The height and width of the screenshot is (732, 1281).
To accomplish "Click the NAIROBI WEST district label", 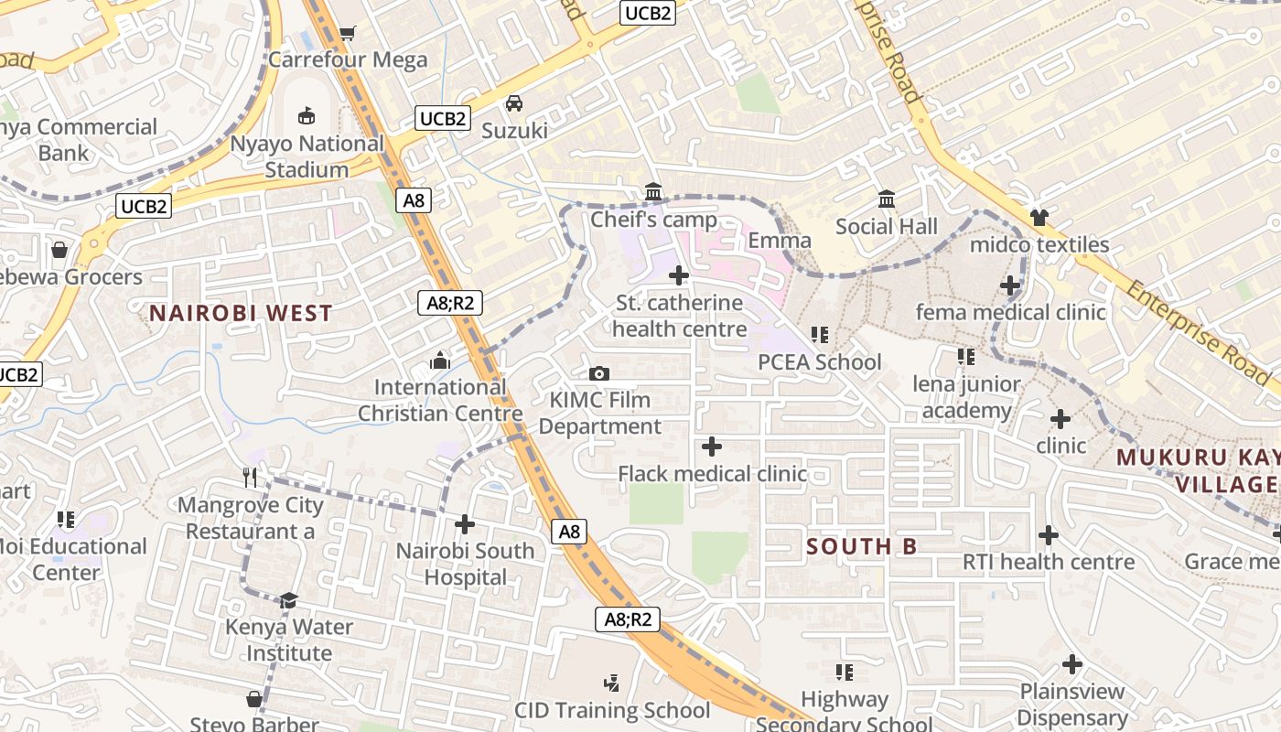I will tap(241, 313).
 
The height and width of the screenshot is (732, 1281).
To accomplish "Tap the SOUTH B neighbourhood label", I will tap(861, 546).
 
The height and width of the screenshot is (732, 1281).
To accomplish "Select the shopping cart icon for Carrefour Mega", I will tap(347, 34).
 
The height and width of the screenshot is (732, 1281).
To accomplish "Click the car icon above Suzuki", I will tap(514, 103).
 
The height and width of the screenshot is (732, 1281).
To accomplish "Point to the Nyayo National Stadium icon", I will tap(307, 116).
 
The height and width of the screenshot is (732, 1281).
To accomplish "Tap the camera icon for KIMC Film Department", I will tap(599, 373).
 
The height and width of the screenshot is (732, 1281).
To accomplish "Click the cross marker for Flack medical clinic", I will tap(712, 447).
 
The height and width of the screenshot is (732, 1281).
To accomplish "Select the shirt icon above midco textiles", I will tap(1039, 217).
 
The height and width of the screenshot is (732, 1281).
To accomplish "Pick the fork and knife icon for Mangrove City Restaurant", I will tap(250, 477).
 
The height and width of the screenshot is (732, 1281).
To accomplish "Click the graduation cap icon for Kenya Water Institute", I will tap(289, 599).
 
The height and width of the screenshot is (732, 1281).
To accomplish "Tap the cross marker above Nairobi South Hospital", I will tap(465, 524).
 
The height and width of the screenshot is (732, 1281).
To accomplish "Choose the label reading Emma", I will tap(780, 241).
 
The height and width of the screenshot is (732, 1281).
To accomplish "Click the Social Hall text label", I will tap(886, 226).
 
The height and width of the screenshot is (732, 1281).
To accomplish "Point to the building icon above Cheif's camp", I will tap(653, 192).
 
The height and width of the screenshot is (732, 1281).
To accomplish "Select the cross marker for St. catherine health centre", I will tap(679, 274).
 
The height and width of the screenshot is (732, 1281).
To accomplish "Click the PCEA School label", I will tap(820, 362).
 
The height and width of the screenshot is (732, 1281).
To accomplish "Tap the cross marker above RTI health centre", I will tap(1049, 534).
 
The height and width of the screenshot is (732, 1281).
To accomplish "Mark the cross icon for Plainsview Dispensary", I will tap(1072, 664).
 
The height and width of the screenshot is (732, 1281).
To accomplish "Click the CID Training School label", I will tap(612, 710).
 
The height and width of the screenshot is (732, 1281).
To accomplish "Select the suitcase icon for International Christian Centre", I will tap(440, 361).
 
